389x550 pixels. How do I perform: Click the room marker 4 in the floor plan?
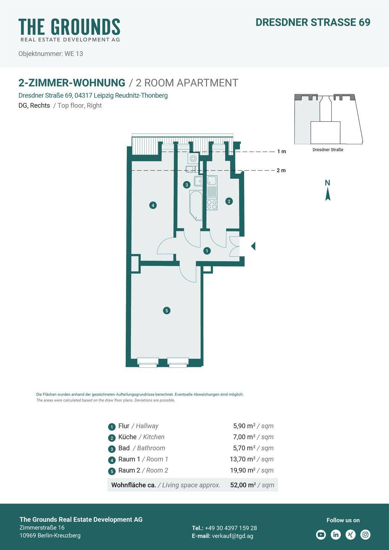pyautogui.click(x=153, y=205)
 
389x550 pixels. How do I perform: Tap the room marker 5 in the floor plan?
pyautogui.click(x=167, y=311)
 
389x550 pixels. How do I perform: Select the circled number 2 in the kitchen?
pyautogui.click(x=229, y=201)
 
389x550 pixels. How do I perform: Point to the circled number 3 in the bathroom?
pyautogui.click(x=186, y=185)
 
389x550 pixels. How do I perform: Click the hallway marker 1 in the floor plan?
pyautogui.click(x=207, y=251)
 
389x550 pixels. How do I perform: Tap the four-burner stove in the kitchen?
pyautogui.click(x=212, y=204)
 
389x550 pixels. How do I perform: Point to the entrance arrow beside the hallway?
pyautogui.click(x=253, y=246)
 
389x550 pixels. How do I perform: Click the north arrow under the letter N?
pyautogui.click(x=327, y=195)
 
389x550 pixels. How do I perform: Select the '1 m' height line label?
pyautogui.click(x=282, y=152)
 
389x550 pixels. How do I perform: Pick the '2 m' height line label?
pyautogui.click(x=281, y=170)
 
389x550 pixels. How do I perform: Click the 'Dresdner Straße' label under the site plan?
pyautogui.click(x=328, y=150)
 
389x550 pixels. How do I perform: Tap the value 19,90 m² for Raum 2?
pyautogui.click(x=243, y=470)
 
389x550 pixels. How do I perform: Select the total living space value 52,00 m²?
pyautogui.click(x=243, y=485)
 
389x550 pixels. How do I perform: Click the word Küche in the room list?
pyautogui.click(x=127, y=437)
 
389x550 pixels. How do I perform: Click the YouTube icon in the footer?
pyautogui.click(x=321, y=535)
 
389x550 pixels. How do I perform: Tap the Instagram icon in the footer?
pyautogui.click(x=365, y=535)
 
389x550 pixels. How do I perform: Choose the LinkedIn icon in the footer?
pyautogui.click(x=336, y=535)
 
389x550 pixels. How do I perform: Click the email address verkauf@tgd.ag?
pyautogui.click(x=233, y=536)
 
